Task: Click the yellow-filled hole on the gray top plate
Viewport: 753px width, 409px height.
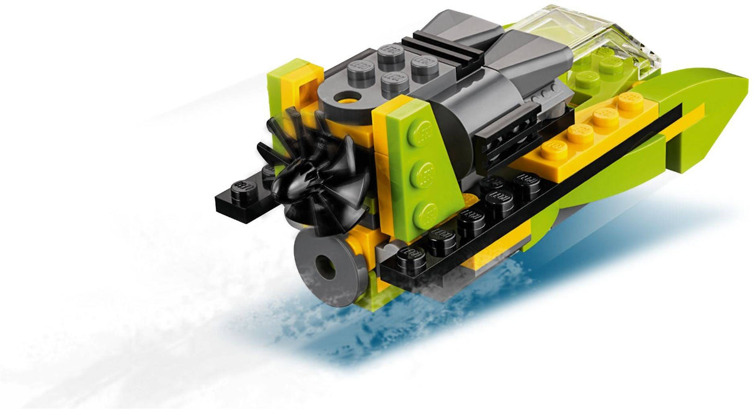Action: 342,98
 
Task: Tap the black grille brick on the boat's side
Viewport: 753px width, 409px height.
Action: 502,133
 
